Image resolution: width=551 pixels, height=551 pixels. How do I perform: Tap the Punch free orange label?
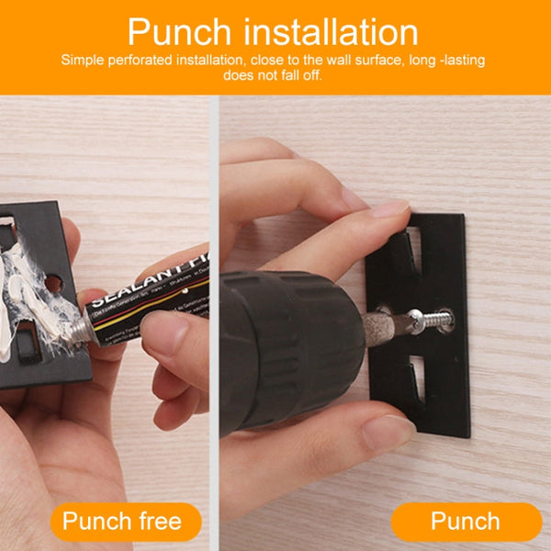(x=121, y=522)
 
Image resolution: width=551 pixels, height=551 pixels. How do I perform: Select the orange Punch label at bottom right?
(x=466, y=522)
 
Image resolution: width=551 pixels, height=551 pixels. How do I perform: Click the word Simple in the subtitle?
(x=83, y=60)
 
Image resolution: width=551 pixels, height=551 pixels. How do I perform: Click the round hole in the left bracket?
(x=53, y=284)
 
